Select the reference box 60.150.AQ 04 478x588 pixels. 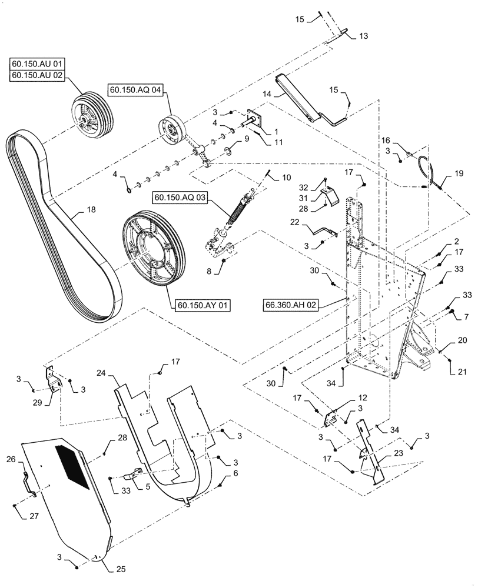(x=136, y=89)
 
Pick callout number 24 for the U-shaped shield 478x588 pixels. (x=101, y=373)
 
